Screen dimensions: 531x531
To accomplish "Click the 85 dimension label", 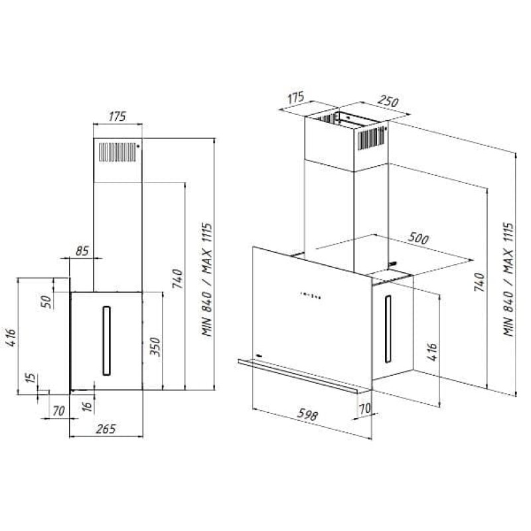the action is point(82,251).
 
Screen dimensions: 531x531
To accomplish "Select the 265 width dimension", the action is point(106,429).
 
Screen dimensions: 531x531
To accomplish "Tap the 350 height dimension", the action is point(155,346).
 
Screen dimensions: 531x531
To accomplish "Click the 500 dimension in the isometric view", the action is point(418,238).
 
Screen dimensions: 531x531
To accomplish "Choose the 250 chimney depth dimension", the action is point(388,101).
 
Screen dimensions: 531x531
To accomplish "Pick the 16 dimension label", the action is point(88,406).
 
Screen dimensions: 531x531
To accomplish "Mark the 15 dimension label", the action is point(31,378).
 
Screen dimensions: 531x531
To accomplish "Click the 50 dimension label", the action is point(46,302).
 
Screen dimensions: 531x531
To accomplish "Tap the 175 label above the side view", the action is point(117,117).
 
